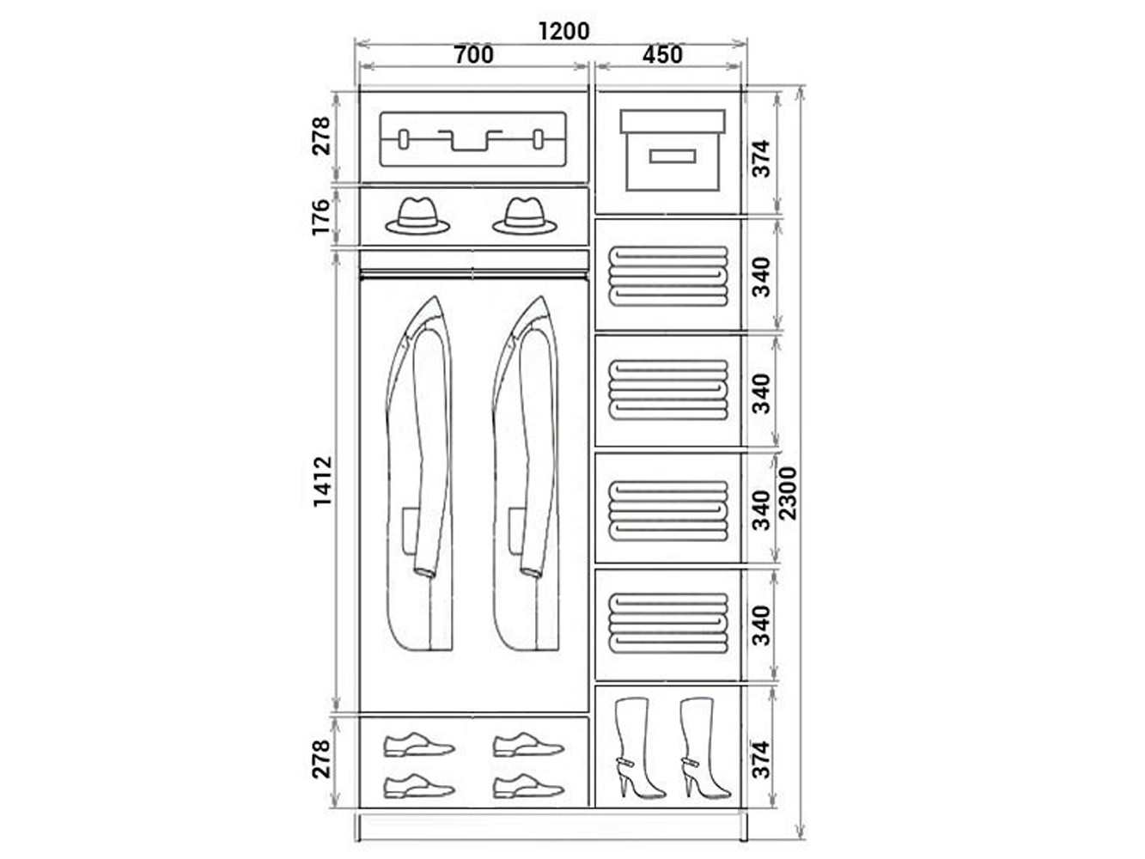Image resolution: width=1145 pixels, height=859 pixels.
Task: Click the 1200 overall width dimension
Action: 563,31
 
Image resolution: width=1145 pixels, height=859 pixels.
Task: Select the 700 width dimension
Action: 473,55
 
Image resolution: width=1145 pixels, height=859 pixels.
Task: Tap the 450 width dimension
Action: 662,55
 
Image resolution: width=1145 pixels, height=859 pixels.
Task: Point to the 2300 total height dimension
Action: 788,493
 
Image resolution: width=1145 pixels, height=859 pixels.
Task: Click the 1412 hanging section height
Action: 322,481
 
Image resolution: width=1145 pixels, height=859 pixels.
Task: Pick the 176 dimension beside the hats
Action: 321,217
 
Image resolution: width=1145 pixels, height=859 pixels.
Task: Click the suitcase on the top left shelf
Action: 473,139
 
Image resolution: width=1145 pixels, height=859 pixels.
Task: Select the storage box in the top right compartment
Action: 673,150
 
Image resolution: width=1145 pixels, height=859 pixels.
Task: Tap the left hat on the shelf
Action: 417,216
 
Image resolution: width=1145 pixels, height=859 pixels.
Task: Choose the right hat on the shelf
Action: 525,216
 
